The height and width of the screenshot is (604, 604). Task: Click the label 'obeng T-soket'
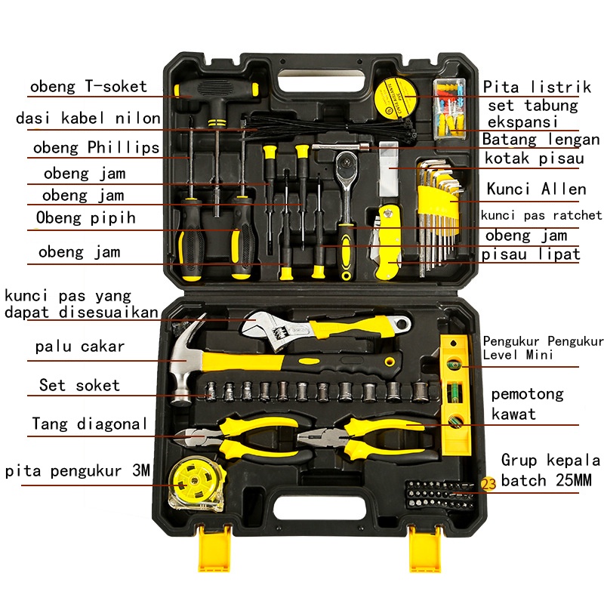tap(88, 86)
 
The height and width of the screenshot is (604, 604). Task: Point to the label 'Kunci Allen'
tap(536, 189)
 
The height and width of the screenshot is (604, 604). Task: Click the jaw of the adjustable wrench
tap(261, 328)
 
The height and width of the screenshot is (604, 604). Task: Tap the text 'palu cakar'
tap(79, 347)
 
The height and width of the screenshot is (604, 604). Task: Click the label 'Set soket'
tap(79, 385)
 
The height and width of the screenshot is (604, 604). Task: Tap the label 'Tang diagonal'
tap(90, 424)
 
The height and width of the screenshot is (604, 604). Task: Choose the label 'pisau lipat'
tap(532, 254)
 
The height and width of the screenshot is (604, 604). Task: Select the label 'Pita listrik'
tap(532, 87)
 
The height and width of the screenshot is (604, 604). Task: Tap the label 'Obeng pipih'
tap(86, 218)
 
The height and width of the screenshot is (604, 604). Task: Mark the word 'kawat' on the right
tap(513, 414)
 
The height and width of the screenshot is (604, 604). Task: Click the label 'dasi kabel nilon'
tap(88, 119)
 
